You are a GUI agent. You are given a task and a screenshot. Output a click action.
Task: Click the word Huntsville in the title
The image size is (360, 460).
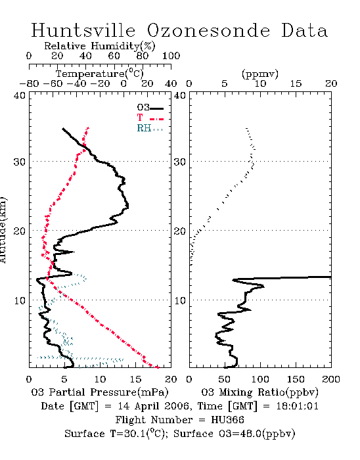click(83, 30)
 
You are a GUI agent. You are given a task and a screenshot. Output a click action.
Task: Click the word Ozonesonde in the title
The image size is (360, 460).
click(208, 30)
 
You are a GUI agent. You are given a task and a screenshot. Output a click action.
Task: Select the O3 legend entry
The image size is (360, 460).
click(150, 108)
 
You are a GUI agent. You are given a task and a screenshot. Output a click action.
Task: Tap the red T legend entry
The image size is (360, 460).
click(150, 118)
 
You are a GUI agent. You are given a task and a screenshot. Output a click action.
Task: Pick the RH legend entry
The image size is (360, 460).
click(150, 128)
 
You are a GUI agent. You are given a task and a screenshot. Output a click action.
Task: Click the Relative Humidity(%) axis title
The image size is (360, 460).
click(100, 46)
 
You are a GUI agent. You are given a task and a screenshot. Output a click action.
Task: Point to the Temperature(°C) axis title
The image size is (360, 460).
click(100, 74)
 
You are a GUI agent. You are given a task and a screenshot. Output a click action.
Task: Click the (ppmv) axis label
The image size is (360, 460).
click(260, 74)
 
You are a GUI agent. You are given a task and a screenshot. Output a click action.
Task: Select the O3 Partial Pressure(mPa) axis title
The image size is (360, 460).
click(100, 392)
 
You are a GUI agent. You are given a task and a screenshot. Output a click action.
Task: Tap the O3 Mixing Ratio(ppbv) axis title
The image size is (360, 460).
click(259, 392)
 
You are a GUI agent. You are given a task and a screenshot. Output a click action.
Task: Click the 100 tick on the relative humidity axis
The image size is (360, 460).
click(171, 56)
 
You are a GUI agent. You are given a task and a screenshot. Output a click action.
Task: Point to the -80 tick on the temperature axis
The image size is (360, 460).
click(29, 84)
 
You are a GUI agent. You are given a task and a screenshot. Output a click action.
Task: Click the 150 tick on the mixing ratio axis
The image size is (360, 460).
click(296, 379)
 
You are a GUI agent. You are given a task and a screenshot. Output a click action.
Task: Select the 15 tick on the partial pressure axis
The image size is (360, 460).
click(135, 379)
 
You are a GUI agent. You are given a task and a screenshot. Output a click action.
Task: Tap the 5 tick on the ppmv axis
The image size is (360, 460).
click(225, 84)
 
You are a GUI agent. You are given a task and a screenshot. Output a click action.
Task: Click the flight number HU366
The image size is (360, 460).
click(227, 420)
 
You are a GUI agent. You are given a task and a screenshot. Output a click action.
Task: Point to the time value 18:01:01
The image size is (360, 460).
click(298, 406)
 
